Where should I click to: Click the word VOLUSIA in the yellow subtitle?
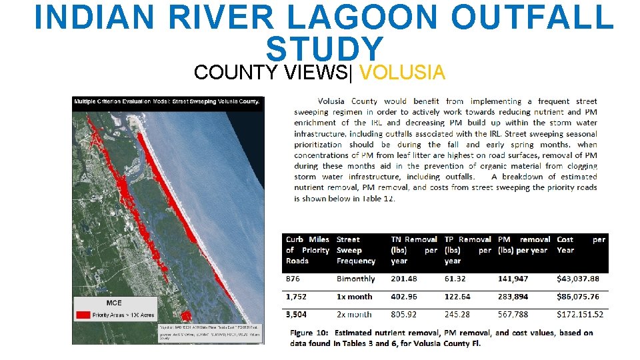tap(406, 71)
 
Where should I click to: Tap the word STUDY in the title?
tap(325, 48)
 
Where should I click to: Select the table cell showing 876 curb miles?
tap(293, 279)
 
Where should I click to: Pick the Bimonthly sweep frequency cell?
tap(355, 279)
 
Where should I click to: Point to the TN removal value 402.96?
tap(409, 297)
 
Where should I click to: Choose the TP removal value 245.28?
tap(461, 314)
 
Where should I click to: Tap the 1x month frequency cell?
tap(354, 297)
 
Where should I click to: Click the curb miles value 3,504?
tap(297, 314)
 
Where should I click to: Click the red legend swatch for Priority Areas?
tap(83, 313)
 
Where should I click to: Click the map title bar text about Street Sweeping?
tap(168, 102)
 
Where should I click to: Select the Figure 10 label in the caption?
tap(309, 333)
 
